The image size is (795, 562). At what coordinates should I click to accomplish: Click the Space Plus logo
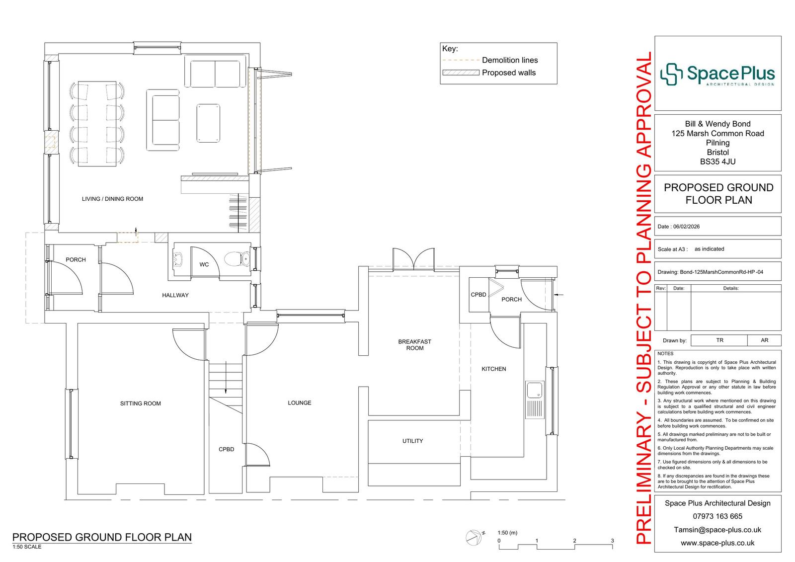coord(717,74)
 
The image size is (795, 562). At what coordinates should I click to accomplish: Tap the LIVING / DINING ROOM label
coord(112,199)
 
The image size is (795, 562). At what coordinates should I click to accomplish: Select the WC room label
coord(204,264)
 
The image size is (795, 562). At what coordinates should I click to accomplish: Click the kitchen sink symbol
coord(535,400)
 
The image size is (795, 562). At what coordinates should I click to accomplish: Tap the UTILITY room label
coord(412,441)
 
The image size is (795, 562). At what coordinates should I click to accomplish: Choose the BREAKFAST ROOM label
coord(414,345)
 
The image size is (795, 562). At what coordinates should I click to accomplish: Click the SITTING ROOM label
coord(141,403)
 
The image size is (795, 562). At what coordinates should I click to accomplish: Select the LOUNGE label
coord(300,403)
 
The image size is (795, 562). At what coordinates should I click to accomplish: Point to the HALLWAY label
coord(175,295)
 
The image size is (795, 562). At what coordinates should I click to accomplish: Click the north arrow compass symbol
coord(474,537)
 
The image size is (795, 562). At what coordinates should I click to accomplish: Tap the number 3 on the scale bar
coord(612,541)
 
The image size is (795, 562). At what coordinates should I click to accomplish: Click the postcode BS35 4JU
coord(717,162)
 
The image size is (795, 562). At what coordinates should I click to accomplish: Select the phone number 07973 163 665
coord(717,516)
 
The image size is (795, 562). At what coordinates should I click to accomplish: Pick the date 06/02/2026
coord(686,227)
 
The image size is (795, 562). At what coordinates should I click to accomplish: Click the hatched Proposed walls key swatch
coord(461,73)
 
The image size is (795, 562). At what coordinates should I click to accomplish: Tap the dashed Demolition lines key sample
coord(461,60)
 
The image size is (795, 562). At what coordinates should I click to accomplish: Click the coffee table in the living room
coord(208,123)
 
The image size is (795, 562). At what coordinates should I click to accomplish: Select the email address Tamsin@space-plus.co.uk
coord(717,530)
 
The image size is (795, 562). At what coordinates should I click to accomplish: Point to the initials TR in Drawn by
coord(720,340)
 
